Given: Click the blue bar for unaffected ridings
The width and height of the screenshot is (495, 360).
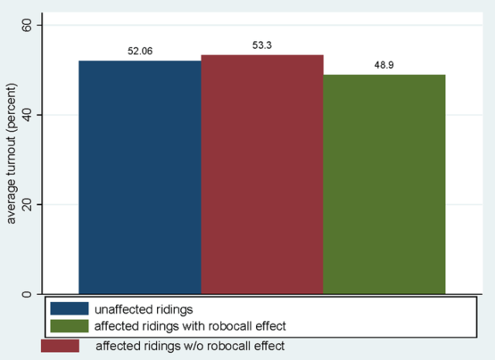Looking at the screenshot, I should (x=140, y=177).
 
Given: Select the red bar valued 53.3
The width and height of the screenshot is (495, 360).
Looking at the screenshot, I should (x=262, y=174).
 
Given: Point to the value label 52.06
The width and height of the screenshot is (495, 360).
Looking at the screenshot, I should (x=140, y=51).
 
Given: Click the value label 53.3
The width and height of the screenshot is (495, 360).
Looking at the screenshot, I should (x=262, y=46).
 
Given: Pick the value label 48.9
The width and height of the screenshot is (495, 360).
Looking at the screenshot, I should (x=384, y=66).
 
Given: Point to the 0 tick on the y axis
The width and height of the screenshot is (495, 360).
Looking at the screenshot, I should (x=30, y=294).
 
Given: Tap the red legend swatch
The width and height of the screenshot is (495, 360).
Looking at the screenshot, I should (x=60, y=346).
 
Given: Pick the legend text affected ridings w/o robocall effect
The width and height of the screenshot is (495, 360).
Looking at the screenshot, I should (x=190, y=346).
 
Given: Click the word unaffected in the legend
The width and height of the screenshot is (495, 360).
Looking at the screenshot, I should (x=122, y=308).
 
